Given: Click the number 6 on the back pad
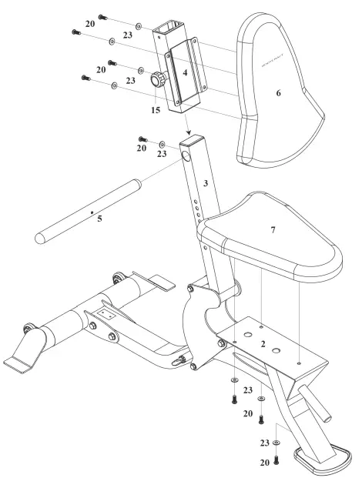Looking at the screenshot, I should [280, 92].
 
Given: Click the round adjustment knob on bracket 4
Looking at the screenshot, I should [159, 78].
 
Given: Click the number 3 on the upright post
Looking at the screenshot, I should [206, 183].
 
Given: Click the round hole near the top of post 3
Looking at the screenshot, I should [188, 159].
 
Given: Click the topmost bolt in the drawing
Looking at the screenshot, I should [104, 17].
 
